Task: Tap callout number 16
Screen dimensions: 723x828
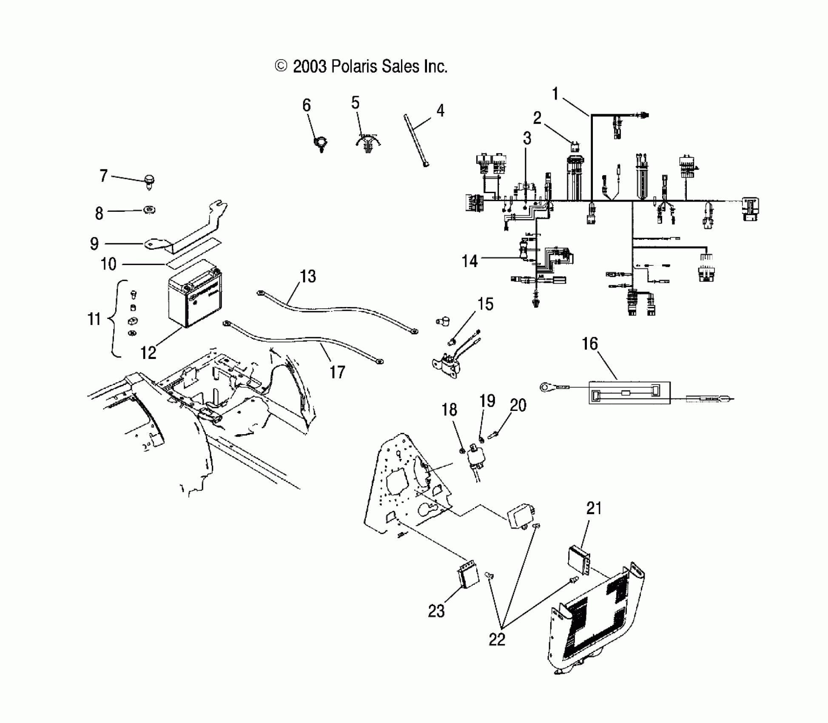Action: point(589,344)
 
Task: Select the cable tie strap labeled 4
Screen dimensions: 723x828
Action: point(415,140)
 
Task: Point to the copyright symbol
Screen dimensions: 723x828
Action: point(281,66)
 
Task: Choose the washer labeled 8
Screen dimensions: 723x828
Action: point(149,210)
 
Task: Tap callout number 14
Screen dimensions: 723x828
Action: point(469,261)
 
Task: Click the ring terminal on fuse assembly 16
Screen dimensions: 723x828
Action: point(546,387)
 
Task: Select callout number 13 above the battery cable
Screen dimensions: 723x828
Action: point(308,276)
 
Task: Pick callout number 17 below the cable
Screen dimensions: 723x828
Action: point(337,372)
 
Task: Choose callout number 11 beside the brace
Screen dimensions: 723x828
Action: point(94,319)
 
